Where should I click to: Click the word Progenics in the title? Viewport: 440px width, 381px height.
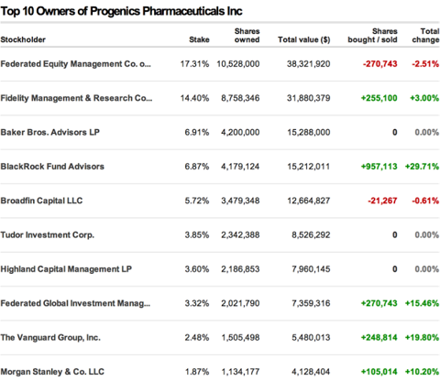115,12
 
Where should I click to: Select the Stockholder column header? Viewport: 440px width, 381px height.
23,39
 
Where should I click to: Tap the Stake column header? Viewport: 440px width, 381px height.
199,39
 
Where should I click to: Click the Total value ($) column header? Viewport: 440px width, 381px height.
304,39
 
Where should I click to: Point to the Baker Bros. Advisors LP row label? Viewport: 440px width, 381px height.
50,132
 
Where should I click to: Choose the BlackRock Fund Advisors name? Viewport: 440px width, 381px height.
52,167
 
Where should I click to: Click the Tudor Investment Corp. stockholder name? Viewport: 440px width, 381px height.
48,235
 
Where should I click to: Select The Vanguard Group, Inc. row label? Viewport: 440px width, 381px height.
50,338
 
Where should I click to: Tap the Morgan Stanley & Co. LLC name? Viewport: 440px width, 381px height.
52,372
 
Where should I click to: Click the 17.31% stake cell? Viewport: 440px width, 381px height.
194,64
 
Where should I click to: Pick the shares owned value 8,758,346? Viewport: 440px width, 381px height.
240,98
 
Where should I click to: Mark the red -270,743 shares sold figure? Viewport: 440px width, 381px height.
380,64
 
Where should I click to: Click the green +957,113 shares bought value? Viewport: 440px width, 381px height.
379,167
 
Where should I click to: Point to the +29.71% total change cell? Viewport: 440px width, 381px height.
422,167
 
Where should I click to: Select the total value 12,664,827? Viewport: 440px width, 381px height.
309,201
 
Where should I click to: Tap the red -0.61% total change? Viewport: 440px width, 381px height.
425,201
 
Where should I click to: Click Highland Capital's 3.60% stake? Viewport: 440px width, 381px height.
197,269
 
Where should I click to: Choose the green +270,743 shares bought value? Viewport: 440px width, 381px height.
379,303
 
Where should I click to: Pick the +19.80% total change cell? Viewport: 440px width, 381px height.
422,337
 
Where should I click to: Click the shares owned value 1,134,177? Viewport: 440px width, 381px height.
240,372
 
